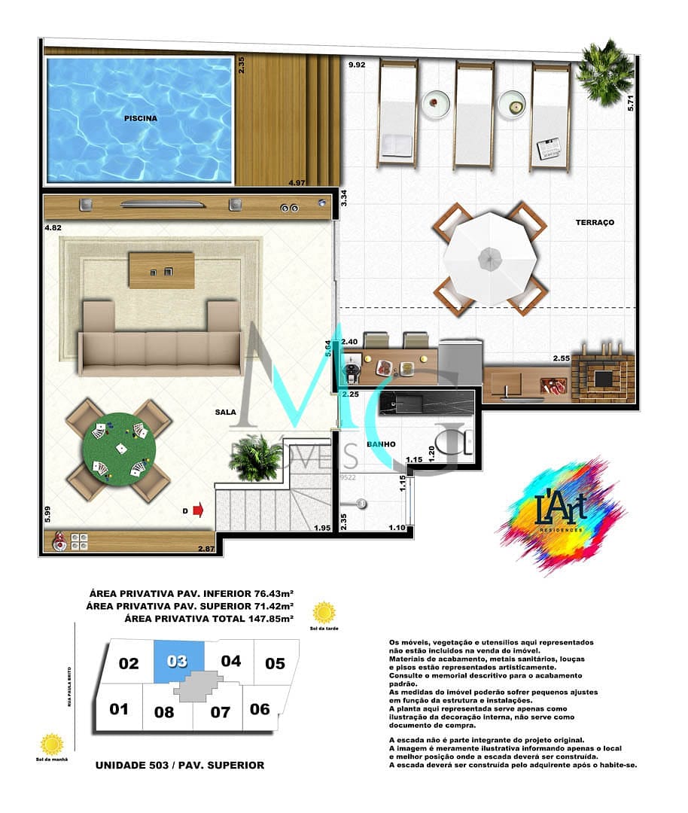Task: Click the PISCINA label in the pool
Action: (141, 118)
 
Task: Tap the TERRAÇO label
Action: (595, 222)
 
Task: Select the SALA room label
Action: (225, 412)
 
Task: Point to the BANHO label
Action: (381, 444)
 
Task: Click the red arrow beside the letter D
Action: (199, 511)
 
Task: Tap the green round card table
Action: (119, 450)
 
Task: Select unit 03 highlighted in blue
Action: (178, 662)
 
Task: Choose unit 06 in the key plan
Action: (260, 708)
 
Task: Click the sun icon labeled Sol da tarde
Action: (324, 612)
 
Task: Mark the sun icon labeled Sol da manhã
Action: (52, 744)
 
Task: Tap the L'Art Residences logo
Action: (562, 514)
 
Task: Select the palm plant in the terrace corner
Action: (605, 72)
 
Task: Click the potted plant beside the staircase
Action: (255, 457)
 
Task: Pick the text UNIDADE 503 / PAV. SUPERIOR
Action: (180, 765)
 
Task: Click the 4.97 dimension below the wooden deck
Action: (298, 182)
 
